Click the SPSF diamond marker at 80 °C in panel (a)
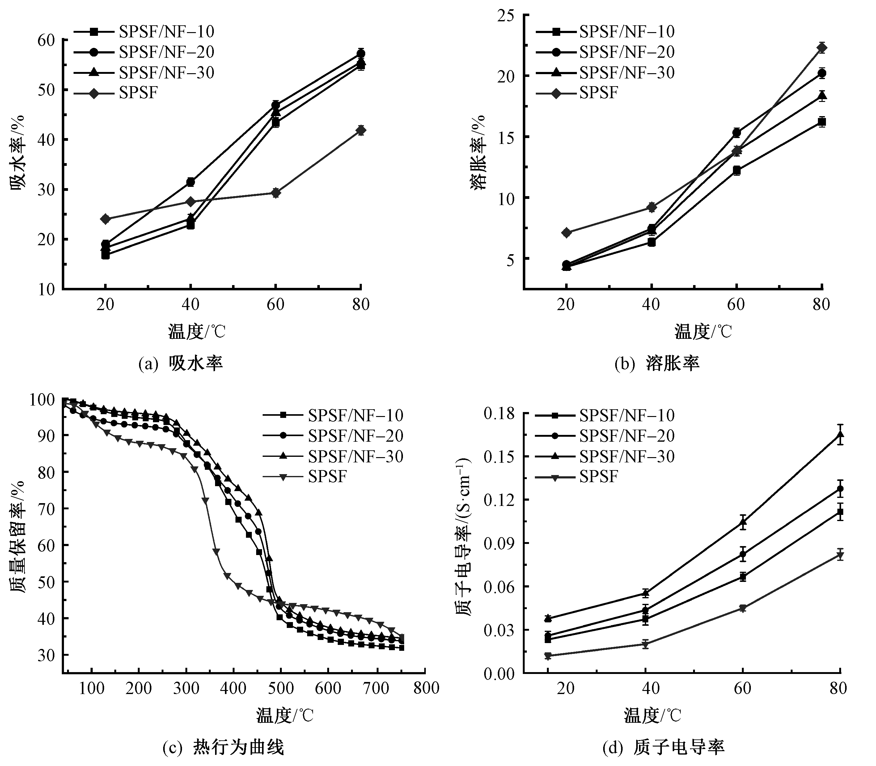(361, 130)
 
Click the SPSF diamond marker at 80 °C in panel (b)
(821, 48)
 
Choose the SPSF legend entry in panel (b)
(599, 92)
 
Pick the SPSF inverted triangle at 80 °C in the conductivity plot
(840, 555)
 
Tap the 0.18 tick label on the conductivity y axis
(499, 414)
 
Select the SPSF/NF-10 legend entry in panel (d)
(627, 415)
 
